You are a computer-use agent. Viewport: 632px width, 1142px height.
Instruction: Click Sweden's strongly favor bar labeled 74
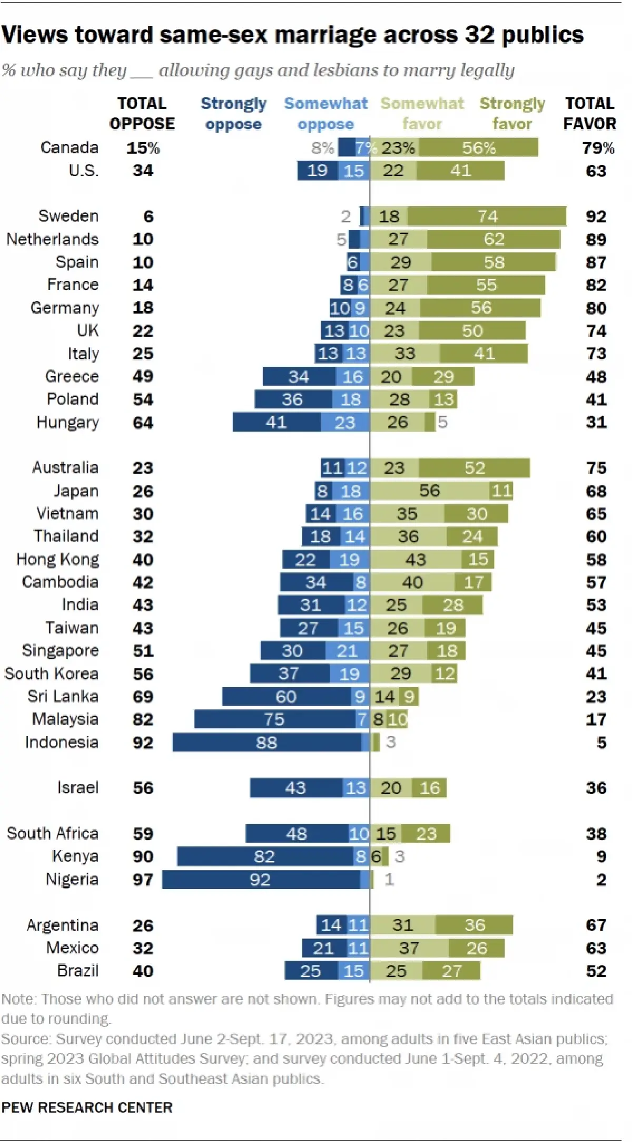(487, 216)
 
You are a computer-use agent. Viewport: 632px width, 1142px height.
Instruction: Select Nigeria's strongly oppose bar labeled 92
(261, 880)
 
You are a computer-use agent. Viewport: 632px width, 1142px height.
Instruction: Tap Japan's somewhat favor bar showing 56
(430, 491)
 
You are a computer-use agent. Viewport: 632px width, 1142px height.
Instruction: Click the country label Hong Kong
(57, 559)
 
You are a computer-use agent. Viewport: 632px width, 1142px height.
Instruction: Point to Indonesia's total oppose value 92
(143, 743)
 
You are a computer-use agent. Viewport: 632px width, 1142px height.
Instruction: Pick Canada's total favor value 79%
(598, 148)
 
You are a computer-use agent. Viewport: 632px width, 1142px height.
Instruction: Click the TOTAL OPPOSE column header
(142, 113)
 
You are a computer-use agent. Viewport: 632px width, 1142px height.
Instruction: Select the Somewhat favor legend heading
(422, 113)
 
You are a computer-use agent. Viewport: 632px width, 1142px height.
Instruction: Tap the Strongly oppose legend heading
(233, 113)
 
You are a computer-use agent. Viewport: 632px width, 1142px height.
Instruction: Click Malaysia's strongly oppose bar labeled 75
(274, 719)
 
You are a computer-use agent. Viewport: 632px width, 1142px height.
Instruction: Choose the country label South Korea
(51, 674)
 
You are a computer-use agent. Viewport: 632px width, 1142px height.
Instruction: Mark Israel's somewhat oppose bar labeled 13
(355, 788)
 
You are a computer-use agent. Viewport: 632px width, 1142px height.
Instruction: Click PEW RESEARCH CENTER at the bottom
(87, 1107)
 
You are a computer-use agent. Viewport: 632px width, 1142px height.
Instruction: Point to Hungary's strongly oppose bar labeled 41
(276, 422)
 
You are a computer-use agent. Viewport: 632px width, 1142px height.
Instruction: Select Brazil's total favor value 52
(596, 971)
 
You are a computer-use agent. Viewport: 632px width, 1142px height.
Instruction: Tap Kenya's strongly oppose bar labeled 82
(265, 856)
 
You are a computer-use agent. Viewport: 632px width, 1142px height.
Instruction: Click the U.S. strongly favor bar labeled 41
(460, 170)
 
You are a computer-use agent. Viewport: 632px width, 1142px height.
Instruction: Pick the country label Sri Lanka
(63, 696)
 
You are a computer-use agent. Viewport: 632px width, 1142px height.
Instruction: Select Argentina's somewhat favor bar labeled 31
(403, 925)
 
